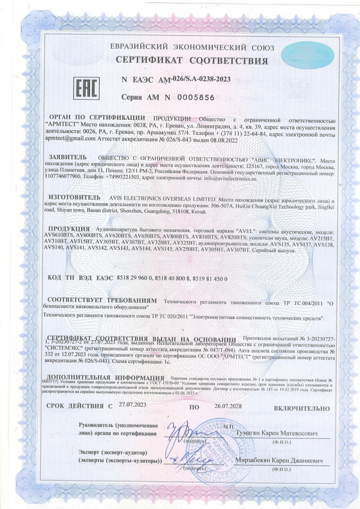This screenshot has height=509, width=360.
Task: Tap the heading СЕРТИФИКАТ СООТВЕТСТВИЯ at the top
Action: (192, 61)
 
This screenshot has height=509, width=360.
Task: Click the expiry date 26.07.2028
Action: (229, 406)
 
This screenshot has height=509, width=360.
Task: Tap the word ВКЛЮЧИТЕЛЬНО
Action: (301, 407)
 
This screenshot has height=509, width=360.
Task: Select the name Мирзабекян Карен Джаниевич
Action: (279, 461)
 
